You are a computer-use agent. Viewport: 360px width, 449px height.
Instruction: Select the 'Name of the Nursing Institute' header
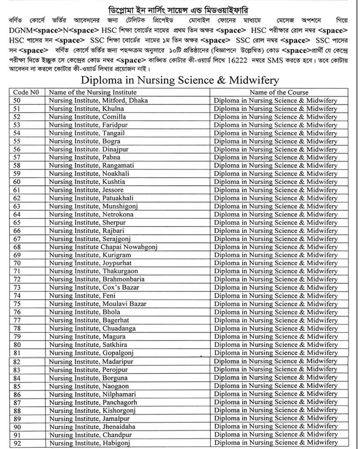tap(92, 92)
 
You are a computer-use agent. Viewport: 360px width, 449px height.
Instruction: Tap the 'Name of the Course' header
tap(279, 92)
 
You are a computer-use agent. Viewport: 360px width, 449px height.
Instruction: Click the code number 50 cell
tap(17, 101)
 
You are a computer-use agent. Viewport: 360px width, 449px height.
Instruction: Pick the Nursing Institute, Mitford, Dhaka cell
tap(98, 101)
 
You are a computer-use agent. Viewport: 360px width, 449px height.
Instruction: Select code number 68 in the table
tap(17, 247)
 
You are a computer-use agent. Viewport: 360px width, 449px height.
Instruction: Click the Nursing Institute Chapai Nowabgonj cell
tap(103, 247)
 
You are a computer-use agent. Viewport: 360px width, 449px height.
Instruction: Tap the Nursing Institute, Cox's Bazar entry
tap(94, 287)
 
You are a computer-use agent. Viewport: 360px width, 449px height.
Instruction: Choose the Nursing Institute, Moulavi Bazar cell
tap(97, 304)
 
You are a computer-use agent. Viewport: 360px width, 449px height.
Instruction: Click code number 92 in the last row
tap(17, 443)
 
